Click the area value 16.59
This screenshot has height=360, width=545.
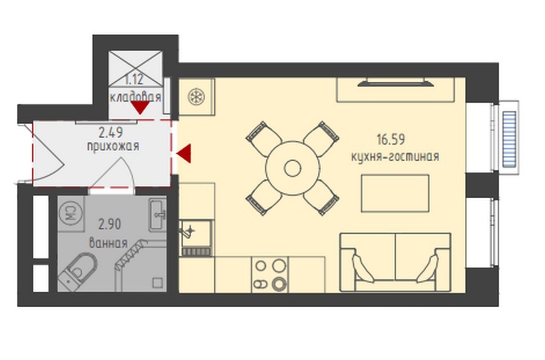(x=391, y=139)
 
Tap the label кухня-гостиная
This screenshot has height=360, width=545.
(x=395, y=156)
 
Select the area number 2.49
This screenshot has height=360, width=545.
(x=111, y=132)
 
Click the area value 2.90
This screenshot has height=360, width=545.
(x=110, y=224)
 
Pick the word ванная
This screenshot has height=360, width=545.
(x=108, y=243)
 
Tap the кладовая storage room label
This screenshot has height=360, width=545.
(x=136, y=96)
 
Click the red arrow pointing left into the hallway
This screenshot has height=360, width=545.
(x=183, y=153)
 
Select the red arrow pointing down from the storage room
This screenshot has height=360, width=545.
(x=140, y=108)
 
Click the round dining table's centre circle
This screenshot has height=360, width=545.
(x=292, y=168)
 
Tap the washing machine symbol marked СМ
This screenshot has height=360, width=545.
(x=71, y=213)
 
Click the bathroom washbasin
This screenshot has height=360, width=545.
(x=157, y=215)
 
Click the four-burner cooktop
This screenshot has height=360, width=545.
(x=269, y=275)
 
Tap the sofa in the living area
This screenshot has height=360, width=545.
(x=395, y=262)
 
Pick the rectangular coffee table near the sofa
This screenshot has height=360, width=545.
(x=395, y=193)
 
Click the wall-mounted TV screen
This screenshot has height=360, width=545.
(x=395, y=82)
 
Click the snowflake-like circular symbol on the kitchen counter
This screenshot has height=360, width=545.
(x=196, y=97)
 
